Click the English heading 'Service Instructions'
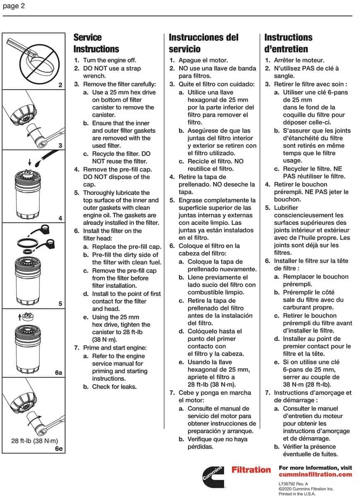click(96, 43)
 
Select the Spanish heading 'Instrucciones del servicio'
click(204, 43)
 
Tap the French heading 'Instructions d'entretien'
click(288, 43)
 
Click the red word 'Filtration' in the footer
click(251, 470)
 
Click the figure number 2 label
click(60, 85)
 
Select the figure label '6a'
click(59, 373)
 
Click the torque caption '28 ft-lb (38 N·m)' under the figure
click(34, 441)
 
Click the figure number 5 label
click(60, 304)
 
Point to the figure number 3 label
click(60, 145)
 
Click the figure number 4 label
click(60, 218)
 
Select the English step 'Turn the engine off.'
click(110, 60)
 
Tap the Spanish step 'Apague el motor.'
click(203, 60)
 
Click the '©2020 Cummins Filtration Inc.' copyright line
click(306, 489)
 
